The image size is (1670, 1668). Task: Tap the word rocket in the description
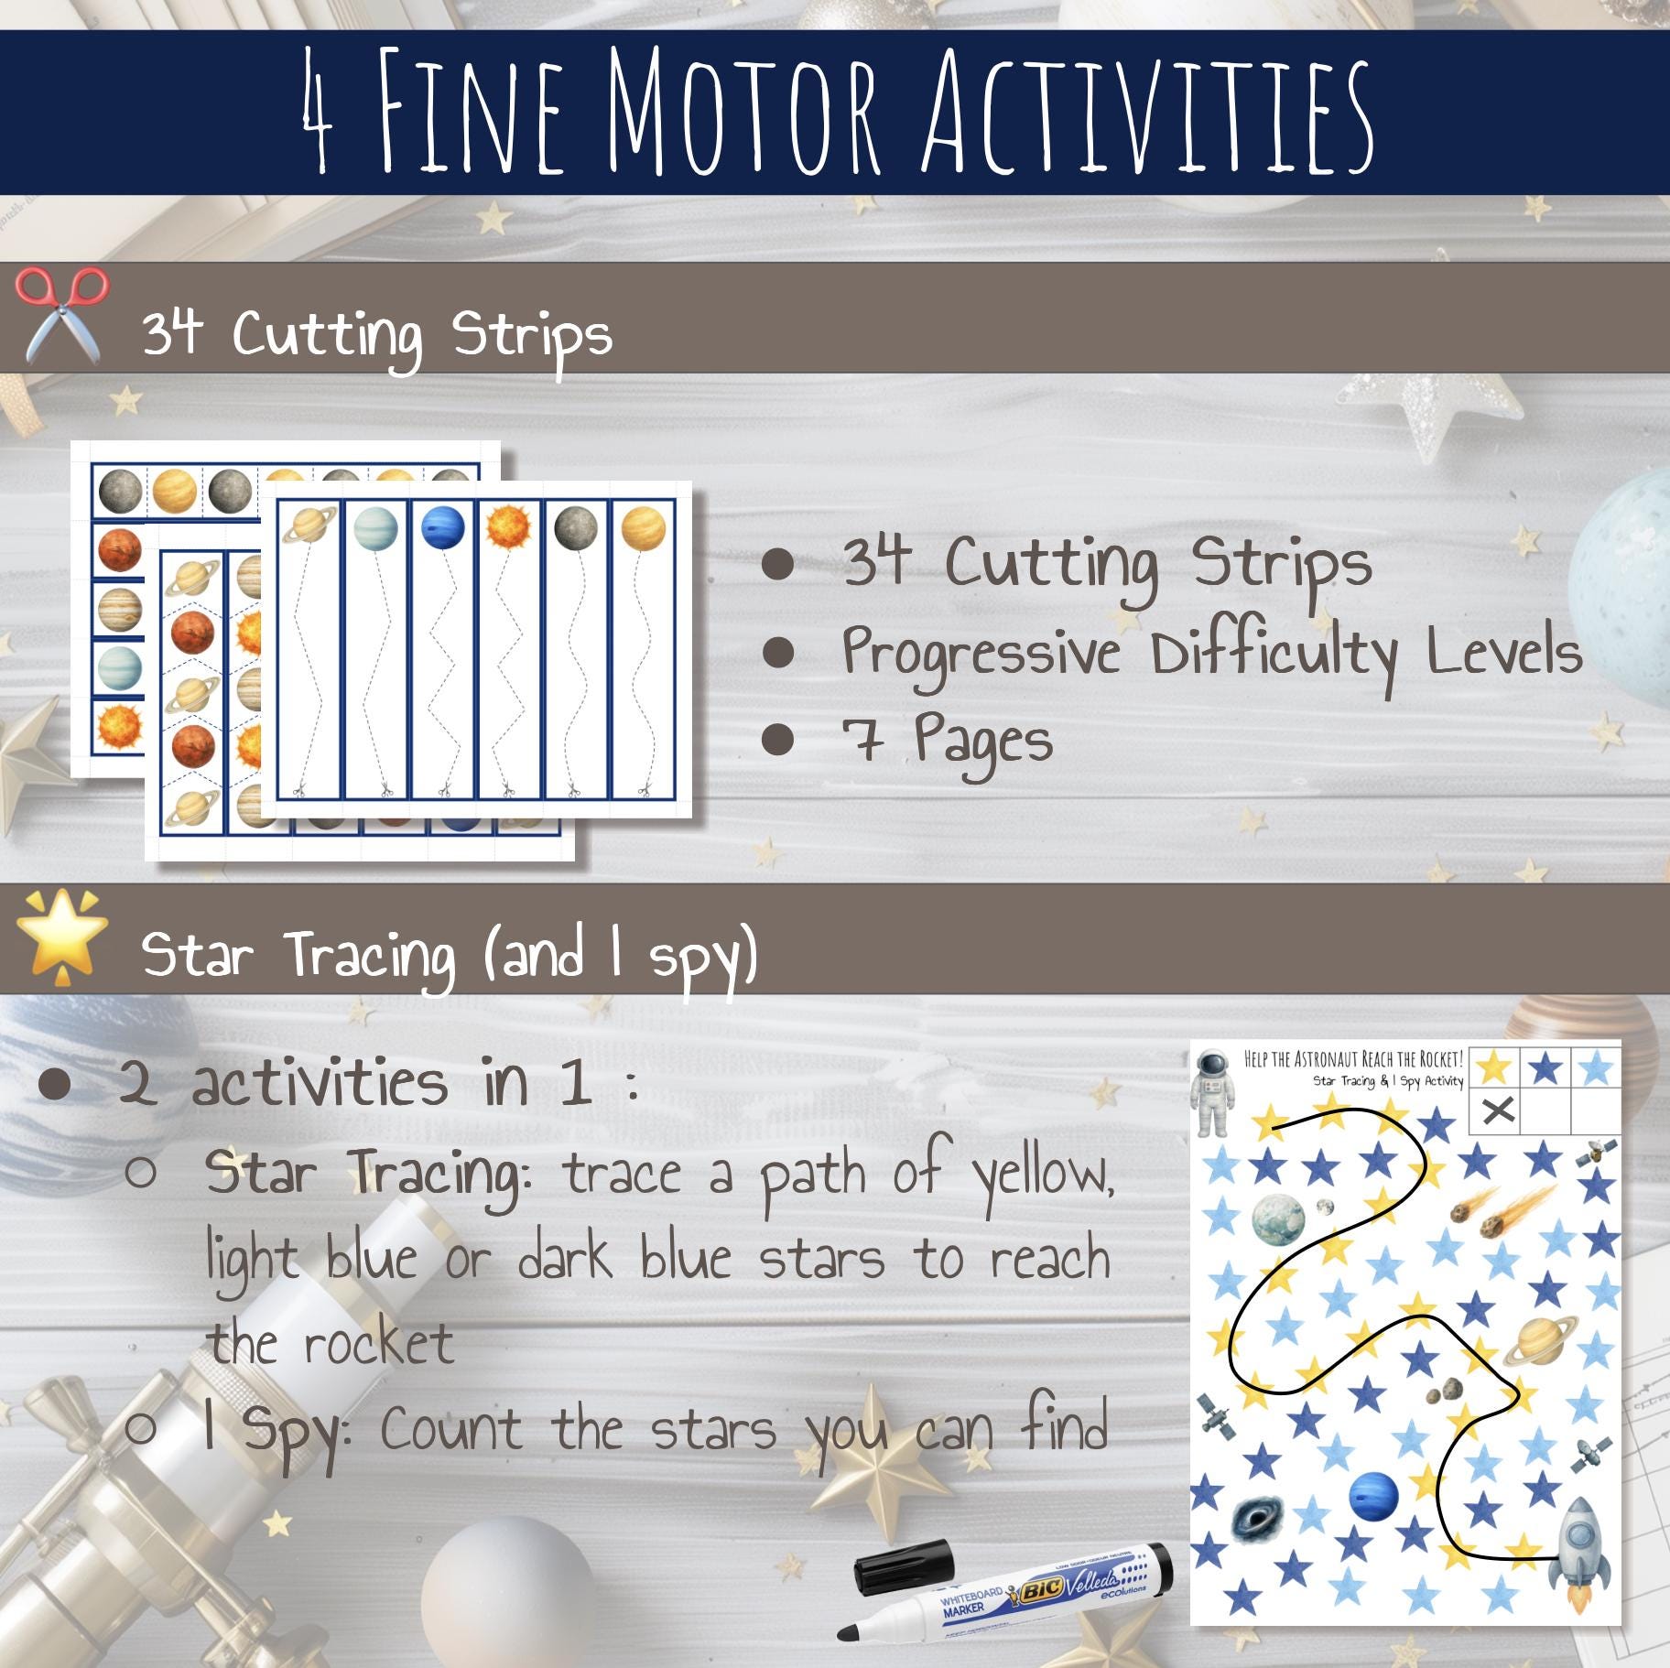[378, 1345]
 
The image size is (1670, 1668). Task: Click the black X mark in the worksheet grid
[1497, 1111]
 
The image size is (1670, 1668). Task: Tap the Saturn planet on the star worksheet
[1540, 1342]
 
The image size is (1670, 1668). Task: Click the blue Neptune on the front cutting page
[443, 528]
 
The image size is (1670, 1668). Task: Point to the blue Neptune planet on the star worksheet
[1373, 1496]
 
